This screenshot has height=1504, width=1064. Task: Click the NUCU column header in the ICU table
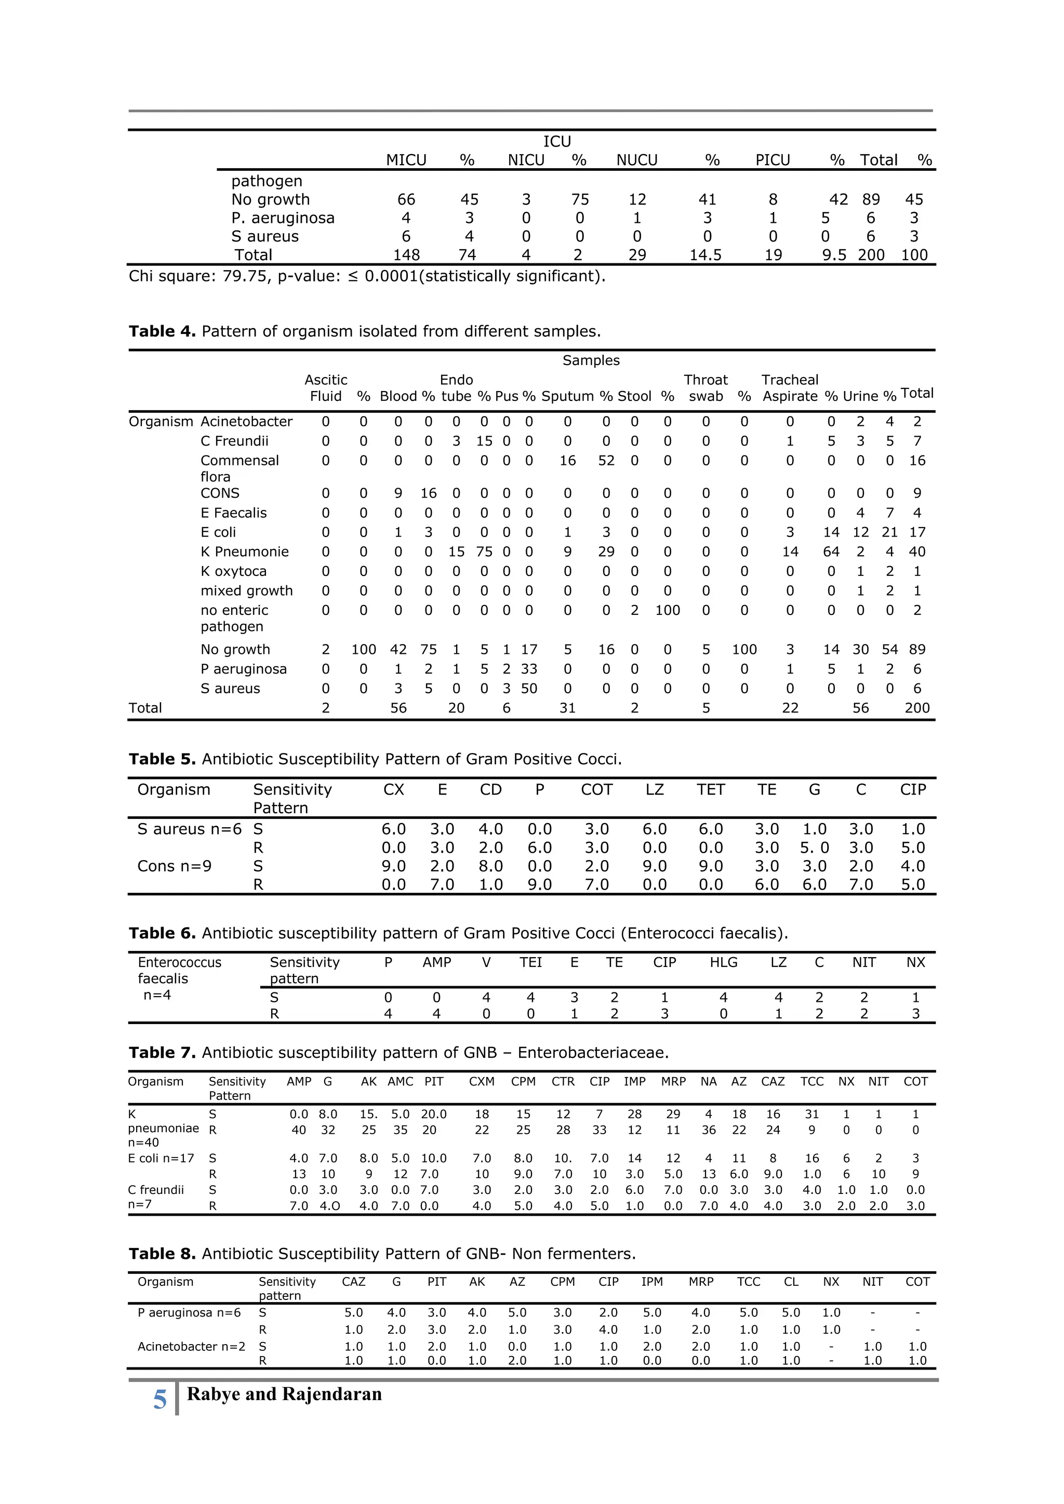(x=636, y=160)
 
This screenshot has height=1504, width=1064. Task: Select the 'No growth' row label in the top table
(x=270, y=200)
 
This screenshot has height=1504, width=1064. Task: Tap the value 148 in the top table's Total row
(x=406, y=255)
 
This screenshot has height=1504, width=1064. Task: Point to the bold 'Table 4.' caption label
(x=162, y=331)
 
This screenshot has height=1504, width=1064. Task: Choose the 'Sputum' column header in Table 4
(x=567, y=396)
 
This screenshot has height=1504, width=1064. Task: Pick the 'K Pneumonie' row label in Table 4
(x=244, y=552)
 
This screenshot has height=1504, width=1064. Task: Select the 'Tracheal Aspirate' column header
(x=790, y=388)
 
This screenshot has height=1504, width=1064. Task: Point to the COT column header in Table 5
(x=596, y=790)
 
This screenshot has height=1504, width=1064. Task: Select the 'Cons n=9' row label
(x=174, y=867)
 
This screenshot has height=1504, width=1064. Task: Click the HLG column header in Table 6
(x=723, y=962)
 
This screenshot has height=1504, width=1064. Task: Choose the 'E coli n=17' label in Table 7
(x=161, y=1158)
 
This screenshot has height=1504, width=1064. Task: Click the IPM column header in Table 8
(x=652, y=1281)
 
